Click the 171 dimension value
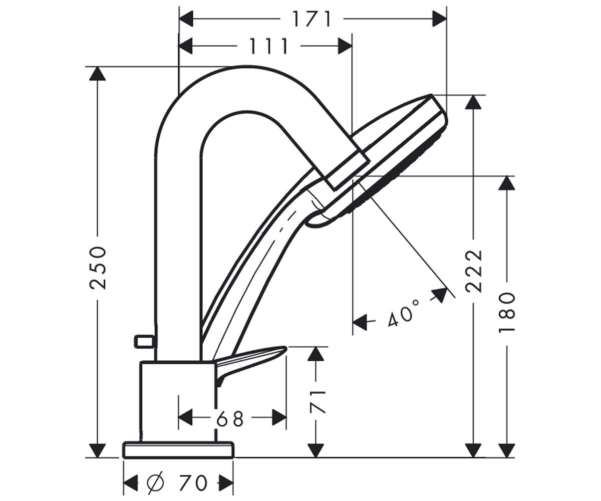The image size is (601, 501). click(312, 19)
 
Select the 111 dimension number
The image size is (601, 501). click(268, 46)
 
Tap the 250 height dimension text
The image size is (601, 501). click(98, 268)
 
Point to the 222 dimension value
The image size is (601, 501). click(474, 272)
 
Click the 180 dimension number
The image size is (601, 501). click(506, 313)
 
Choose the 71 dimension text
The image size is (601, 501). click(317, 402)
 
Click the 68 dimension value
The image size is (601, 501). click(230, 419)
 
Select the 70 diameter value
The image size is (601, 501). click(193, 483)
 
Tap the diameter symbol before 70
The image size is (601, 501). click(155, 482)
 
